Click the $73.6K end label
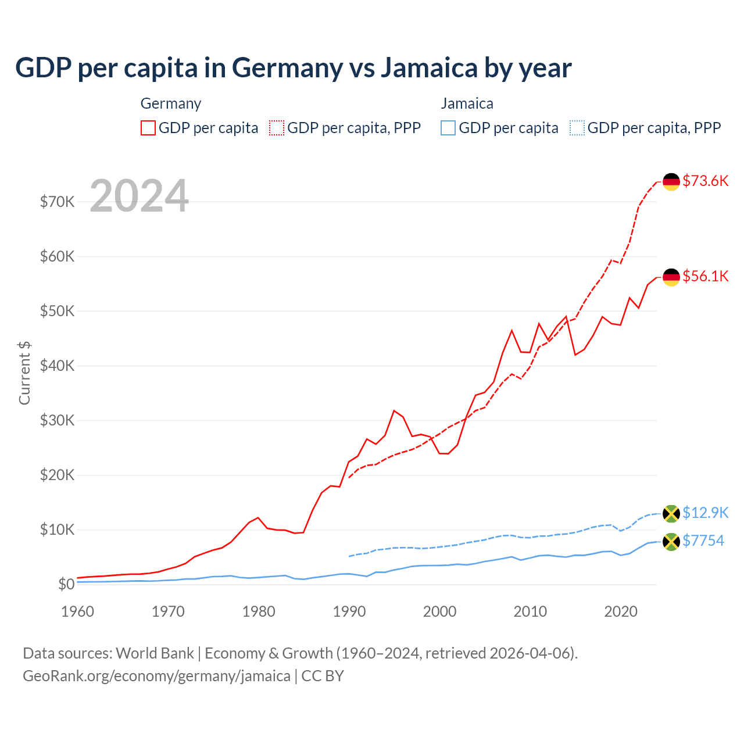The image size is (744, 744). (705, 181)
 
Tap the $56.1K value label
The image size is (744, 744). (705, 276)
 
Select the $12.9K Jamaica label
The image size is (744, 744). (705, 513)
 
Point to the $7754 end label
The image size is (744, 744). (703, 541)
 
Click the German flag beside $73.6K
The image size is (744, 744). (671, 182)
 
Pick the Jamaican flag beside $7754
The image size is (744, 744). (671, 542)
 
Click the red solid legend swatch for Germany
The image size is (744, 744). (148, 128)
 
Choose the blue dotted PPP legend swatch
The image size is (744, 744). (577, 128)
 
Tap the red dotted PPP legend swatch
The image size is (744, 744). (277, 128)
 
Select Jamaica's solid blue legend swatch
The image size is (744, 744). (448, 128)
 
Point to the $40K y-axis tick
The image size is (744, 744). (57, 366)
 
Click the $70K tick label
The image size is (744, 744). (57, 202)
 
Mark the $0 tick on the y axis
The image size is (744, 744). (66, 584)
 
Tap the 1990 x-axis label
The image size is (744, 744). (349, 611)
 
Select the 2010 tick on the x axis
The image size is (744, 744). (530, 611)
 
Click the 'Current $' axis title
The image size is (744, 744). (24, 373)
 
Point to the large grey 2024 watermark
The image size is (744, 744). (139, 196)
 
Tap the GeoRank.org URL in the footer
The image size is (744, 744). (156, 676)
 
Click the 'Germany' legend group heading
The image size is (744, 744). (171, 103)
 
